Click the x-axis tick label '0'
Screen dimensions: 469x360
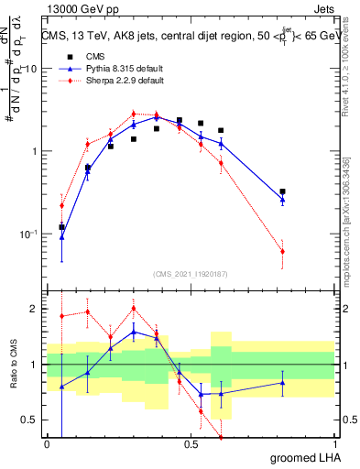tap(47, 444)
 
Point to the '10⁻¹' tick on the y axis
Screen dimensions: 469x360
tap(30, 234)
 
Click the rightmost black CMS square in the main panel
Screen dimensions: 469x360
tap(282, 191)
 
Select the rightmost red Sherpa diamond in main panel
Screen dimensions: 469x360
tap(282, 251)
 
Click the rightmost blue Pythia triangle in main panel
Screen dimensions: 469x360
tap(282, 198)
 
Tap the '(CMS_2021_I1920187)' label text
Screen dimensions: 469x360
tap(191, 272)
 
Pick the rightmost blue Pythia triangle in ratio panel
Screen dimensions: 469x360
tap(282, 383)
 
